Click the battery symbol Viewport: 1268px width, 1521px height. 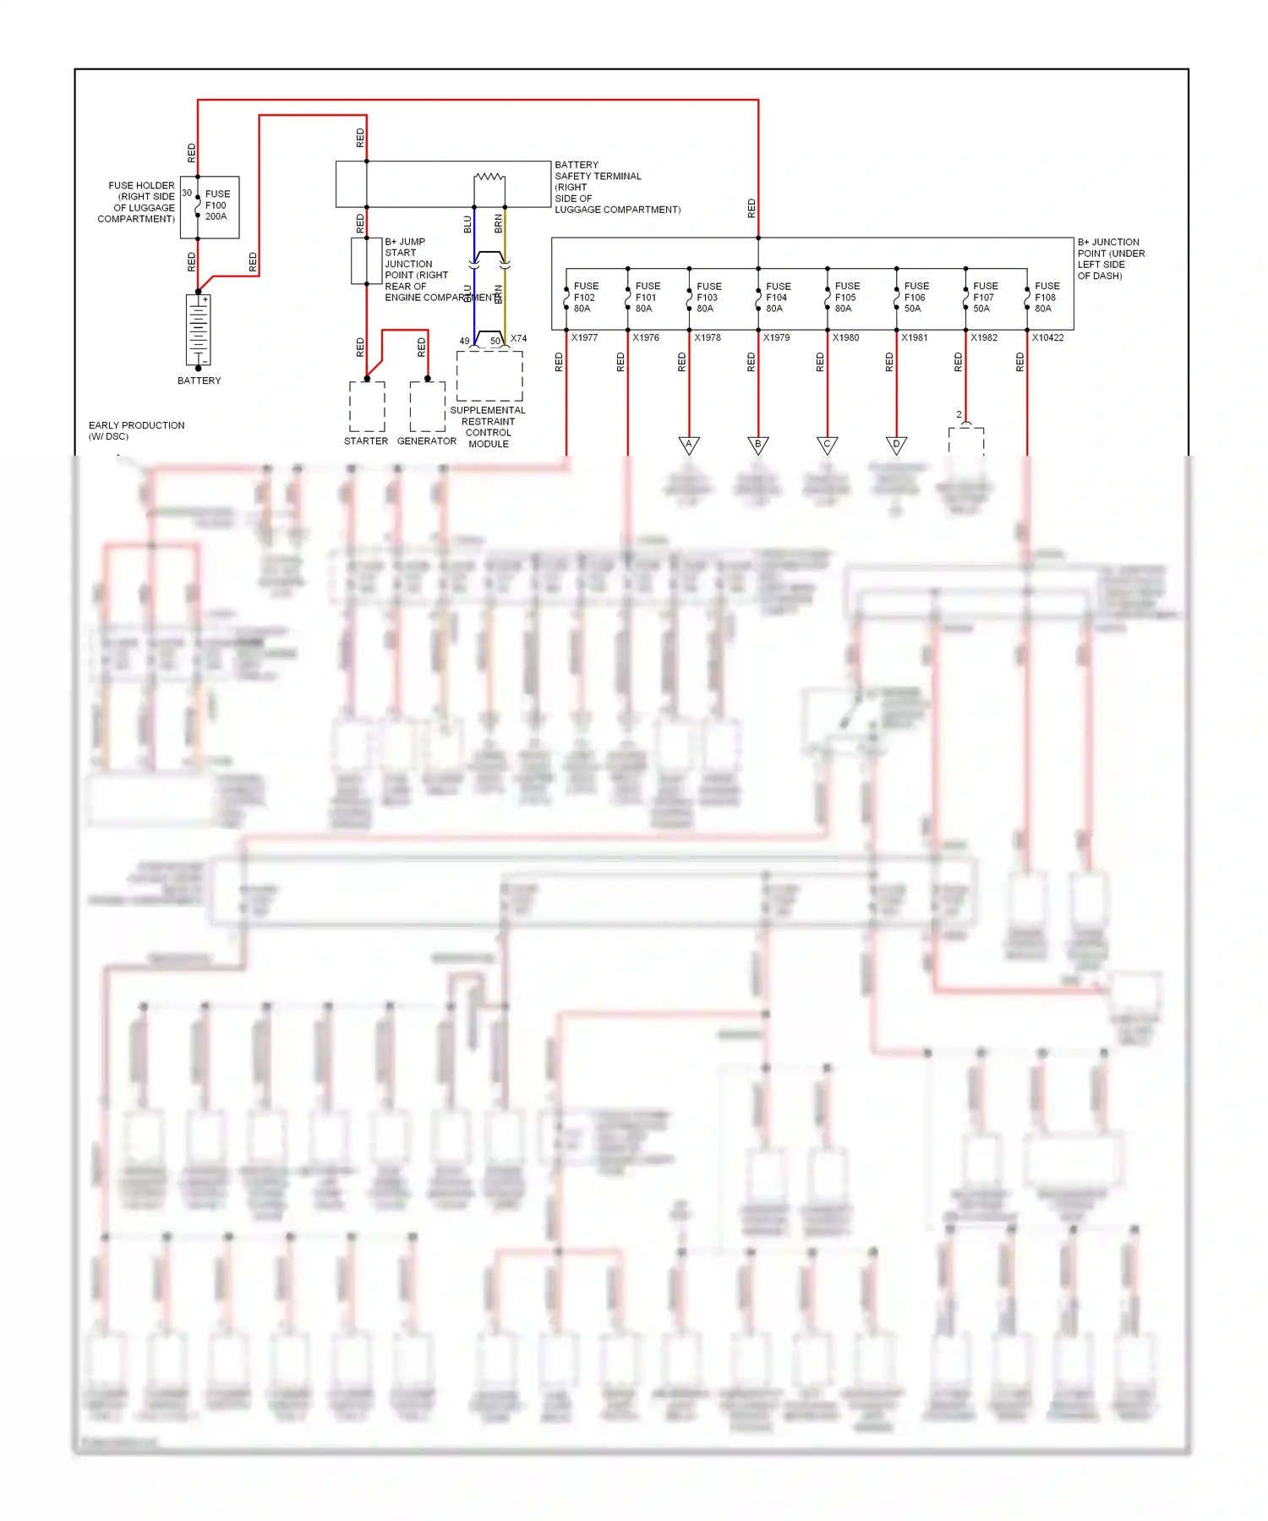pos(199,331)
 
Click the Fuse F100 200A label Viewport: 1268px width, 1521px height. pos(216,205)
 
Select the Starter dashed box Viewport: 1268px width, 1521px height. pos(367,407)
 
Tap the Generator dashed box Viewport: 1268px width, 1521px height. pos(428,407)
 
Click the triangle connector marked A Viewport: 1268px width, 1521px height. pos(689,445)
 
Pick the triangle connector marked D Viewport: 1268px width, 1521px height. pos(896,445)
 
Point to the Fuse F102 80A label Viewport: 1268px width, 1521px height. pos(585,298)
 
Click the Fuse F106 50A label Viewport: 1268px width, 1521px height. pos(915,298)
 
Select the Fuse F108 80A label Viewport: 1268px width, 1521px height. pos(1046,298)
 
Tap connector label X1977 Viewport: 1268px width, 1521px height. pos(584,338)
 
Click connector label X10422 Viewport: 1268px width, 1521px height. pos(1047,338)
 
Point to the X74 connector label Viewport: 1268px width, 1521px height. pos(518,339)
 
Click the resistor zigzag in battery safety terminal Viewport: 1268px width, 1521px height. pos(489,177)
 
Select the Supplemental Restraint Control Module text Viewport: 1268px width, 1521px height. pos(488,427)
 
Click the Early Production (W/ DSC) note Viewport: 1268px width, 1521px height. pos(136,431)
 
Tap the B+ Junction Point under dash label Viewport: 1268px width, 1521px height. pos(1110,259)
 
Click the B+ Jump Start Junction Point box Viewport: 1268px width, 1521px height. pos(360,261)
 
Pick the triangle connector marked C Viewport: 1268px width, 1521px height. pos(827,445)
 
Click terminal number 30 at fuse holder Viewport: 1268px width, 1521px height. pos(187,194)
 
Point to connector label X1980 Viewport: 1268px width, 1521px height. pos(845,338)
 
